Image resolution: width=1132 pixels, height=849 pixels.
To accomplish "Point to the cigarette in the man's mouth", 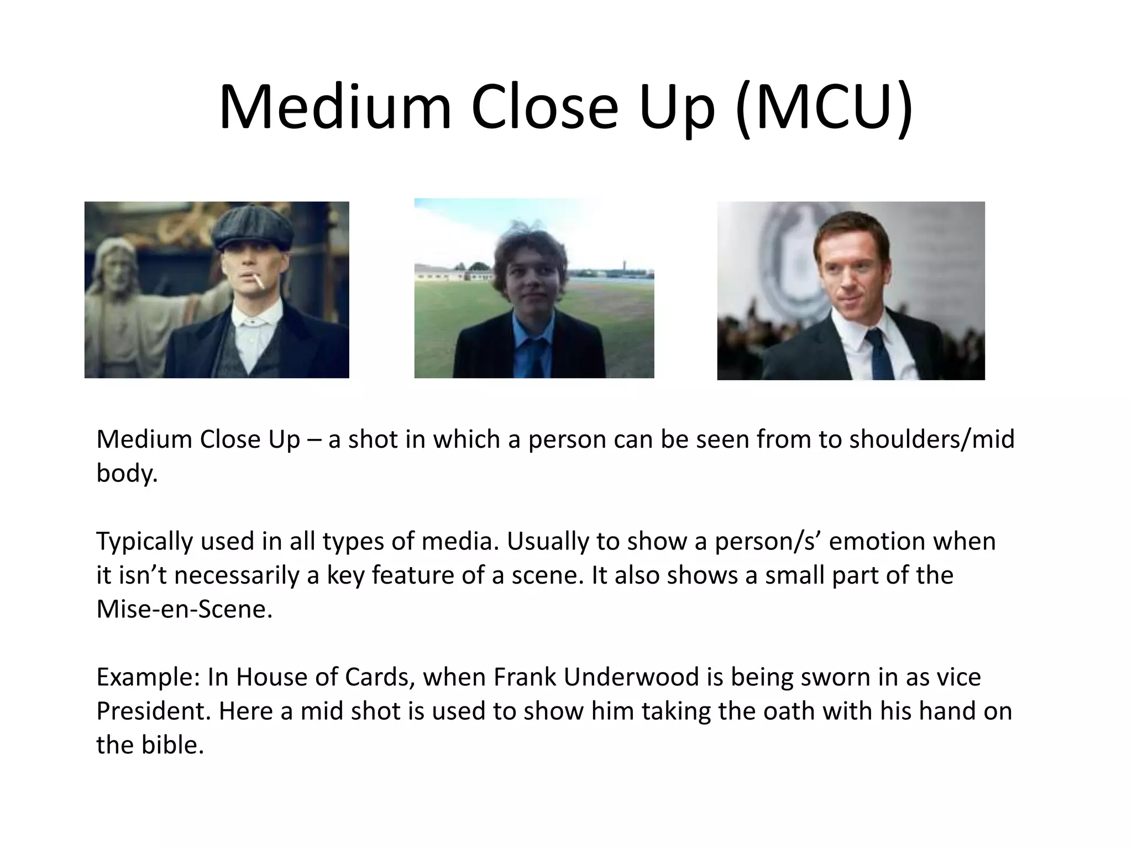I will point(259,281).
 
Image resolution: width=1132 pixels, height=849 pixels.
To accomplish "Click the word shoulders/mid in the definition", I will point(932,440).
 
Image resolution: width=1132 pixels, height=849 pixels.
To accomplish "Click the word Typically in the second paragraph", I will point(145,542).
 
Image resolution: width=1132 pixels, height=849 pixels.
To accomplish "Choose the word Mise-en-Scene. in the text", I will point(185,610).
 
